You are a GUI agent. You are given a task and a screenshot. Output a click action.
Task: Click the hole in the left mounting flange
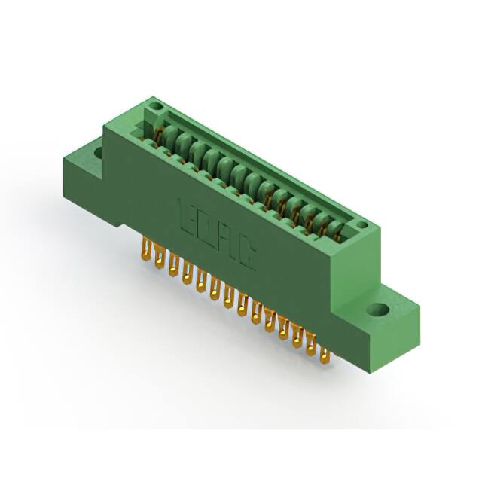pos(98,152)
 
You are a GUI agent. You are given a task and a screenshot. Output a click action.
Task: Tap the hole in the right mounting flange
pos(382,309)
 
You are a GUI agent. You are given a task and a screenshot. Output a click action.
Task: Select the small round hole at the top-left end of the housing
pos(155,106)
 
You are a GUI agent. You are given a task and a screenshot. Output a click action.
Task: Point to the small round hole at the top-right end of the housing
pos(360,225)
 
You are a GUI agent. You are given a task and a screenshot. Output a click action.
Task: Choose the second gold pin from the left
pos(159,260)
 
